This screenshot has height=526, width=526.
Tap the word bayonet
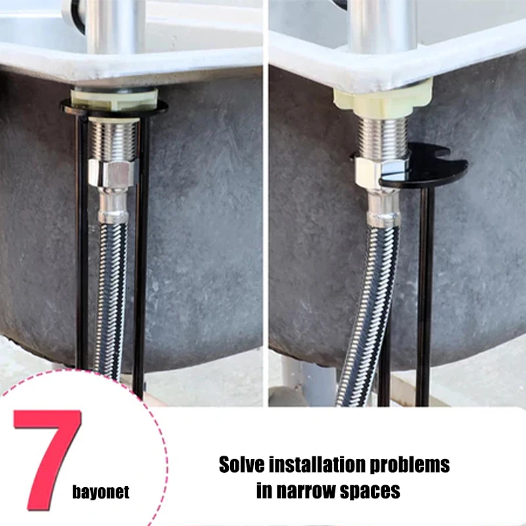coord(101,492)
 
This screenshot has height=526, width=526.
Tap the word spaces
coord(370,492)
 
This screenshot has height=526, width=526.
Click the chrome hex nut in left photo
coord(112,173)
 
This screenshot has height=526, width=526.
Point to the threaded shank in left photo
coord(113,141)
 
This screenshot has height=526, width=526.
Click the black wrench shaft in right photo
coord(425,295)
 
